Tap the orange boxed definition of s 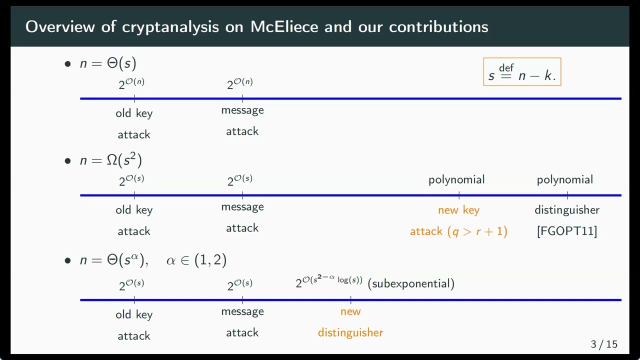[x=522, y=72]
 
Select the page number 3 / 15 [x=604, y=344]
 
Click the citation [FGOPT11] [x=566, y=231]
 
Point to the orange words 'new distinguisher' [x=350, y=322]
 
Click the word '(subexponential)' [x=411, y=283]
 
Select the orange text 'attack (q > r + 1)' [x=458, y=231]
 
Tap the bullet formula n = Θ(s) [x=108, y=63]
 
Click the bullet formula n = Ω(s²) [x=111, y=160]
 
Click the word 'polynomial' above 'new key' [x=456, y=179]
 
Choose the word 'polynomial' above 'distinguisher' [x=565, y=179]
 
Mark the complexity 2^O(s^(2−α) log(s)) [x=329, y=281]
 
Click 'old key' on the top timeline [x=134, y=113]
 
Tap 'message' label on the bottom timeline [x=242, y=311]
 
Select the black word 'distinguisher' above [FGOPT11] [x=567, y=210]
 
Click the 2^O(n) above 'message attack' [x=240, y=83]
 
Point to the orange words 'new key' [x=458, y=210]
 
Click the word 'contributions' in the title [x=438, y=26]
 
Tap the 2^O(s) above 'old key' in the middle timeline [x=131, y=180]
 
